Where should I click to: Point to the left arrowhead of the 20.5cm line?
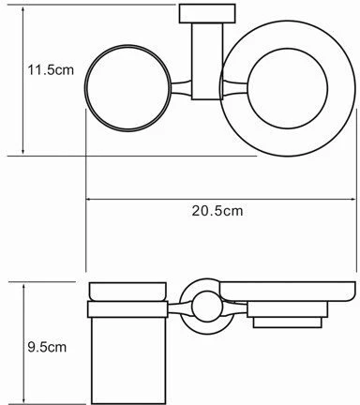90,198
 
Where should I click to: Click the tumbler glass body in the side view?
129,356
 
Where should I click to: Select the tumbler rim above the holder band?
129,291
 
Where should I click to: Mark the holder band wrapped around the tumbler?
129,308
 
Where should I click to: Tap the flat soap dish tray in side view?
281,299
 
